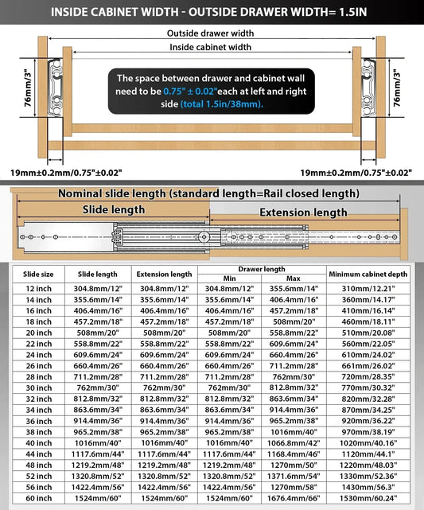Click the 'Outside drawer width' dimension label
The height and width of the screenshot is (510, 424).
pyautogui.click(x=211, y=33)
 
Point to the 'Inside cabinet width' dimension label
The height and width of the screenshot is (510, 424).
pyautogui.click(x=211, y=47)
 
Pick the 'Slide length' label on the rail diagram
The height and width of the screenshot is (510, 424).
pyautogui.click(x=114, y=209)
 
